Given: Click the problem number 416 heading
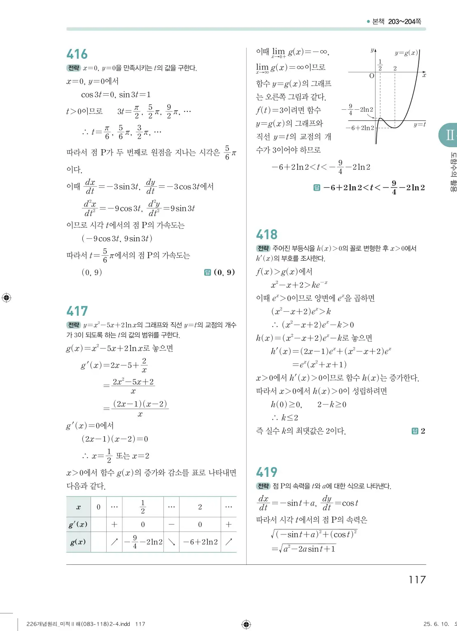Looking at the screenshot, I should tap(77, 54).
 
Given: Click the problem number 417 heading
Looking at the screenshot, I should tap(77, 311).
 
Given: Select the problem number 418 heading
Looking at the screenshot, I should tap(267, 235).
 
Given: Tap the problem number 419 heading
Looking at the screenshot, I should tap(267, 472).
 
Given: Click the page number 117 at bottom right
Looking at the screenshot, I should tap(417, 580).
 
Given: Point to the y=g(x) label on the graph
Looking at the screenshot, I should tap(406, 53).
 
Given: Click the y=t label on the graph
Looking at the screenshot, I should tap(420, 124).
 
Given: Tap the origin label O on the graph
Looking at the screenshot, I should tap(371, 76).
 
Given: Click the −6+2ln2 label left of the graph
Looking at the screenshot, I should tap(360, 128).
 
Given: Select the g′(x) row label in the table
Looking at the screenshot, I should tap(78, 525).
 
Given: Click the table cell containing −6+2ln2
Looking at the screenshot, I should tap(200, 542).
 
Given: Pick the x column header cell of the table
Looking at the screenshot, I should tap(78, 507).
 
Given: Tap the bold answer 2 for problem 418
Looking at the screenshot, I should tap(423, 431).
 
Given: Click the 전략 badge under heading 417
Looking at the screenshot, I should tap(74, 325).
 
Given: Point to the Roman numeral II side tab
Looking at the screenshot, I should tap(449, 134).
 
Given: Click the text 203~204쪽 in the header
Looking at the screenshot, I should tap(404, 21).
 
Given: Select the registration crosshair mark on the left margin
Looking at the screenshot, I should tap(7, 298).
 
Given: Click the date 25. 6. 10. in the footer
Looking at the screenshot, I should tap(436, 624).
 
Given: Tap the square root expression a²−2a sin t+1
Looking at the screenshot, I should tap(306, 549).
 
